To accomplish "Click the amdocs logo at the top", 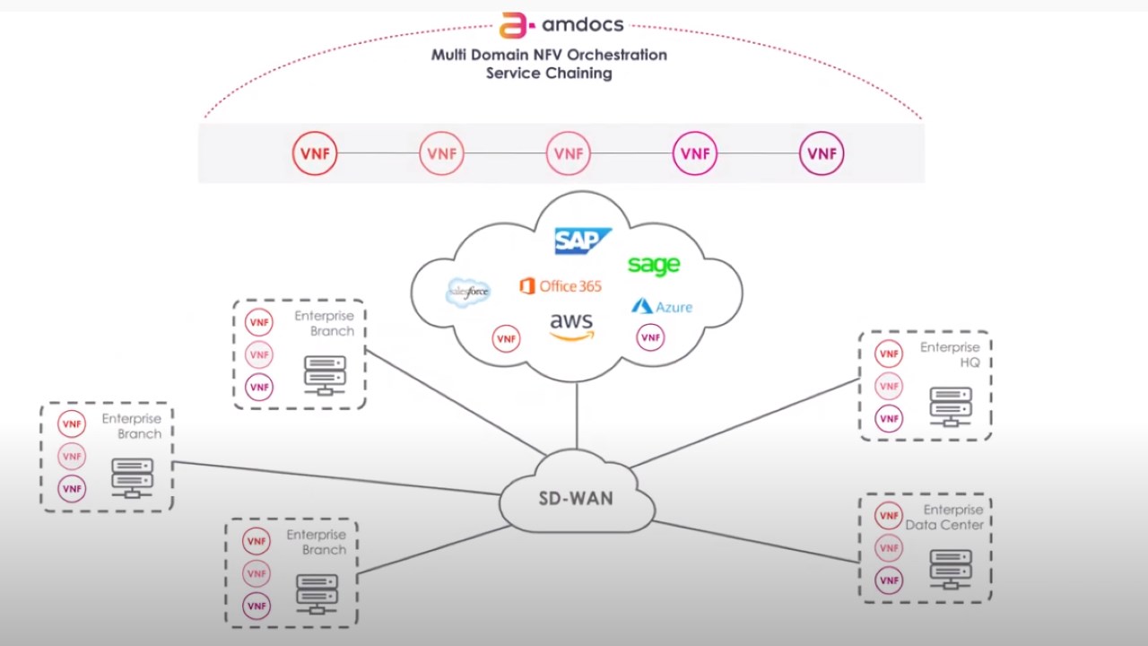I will [561, 24].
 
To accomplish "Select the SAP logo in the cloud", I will [582, 240].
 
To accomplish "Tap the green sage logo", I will [654, 265].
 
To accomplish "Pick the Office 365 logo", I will [561, 286].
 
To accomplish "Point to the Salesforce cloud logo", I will [468, 292].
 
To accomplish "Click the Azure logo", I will [662, 307].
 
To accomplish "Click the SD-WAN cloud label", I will [576, 498].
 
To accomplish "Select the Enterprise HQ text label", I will [950, 354].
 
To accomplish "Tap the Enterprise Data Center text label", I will [944, 518].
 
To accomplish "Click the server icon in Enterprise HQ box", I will [951, 406].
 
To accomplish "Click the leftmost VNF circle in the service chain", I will [315, 153].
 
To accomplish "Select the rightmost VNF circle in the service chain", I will [822, 153].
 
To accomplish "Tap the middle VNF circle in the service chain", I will [569, 153].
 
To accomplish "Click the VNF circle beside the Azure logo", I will [650, 337].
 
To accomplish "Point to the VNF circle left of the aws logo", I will [507, 338].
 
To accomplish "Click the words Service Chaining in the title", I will [549, 74].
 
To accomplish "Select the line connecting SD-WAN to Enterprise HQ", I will [744, 423].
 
